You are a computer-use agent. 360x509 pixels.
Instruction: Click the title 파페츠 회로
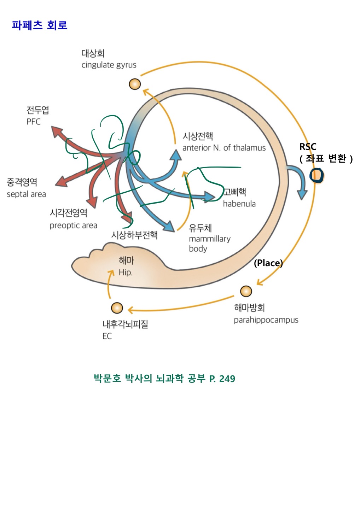39,25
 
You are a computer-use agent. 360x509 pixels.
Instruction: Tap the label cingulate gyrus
109,65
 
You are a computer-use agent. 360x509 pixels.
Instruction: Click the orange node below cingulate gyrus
135,84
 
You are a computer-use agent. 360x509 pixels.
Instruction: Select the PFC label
34,122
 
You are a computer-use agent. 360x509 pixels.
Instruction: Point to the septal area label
26,194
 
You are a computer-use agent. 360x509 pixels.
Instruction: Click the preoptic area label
73,226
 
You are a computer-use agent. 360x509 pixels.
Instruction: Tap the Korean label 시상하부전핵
134,235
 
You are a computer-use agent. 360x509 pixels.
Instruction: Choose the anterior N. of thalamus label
224,148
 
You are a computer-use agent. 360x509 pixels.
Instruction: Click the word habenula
239,204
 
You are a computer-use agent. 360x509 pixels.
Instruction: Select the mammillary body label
209,244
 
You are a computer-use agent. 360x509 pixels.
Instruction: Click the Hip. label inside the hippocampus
125,273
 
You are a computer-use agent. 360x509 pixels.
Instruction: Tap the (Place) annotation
268,263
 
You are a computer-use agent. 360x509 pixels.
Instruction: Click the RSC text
308,146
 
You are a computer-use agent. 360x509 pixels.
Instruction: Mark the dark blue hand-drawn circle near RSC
317,175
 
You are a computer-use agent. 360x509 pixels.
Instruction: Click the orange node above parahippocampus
246,291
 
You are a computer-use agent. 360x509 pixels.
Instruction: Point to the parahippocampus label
266,320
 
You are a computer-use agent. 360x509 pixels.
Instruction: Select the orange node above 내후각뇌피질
117,308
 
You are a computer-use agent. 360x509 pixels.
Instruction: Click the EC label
107,336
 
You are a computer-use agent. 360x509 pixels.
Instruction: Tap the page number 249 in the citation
227,379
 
